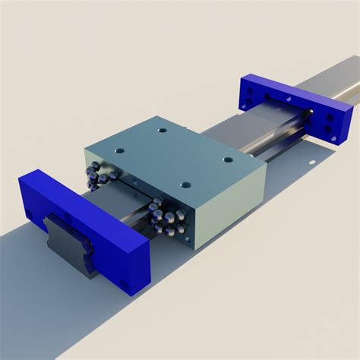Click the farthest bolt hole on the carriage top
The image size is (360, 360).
pyautogui.click(x=162, y=130)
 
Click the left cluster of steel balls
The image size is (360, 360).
pyautogui.click(x=100, y=174)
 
